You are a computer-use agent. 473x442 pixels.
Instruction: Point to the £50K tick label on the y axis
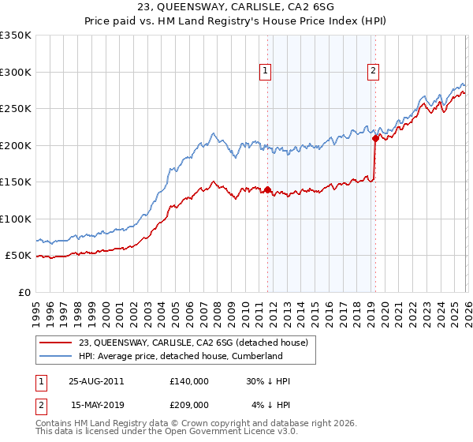17,256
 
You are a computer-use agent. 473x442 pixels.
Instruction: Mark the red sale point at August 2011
267,189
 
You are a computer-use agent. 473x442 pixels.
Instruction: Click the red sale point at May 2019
375,139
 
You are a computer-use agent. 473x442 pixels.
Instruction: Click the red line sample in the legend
56,343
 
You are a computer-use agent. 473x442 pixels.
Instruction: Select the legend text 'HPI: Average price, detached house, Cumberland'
180,356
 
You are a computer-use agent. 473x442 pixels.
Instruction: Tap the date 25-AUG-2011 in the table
97,380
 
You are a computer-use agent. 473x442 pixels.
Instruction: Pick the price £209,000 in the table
189,405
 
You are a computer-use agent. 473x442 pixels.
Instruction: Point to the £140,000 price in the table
189,380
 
